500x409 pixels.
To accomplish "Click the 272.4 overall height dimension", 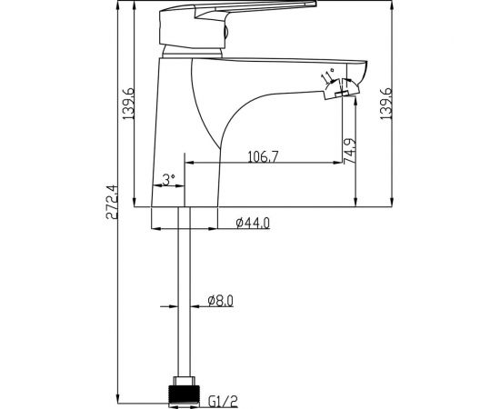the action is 112,202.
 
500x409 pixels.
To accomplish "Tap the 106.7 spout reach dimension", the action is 264,156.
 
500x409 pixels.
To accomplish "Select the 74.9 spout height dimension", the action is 349,151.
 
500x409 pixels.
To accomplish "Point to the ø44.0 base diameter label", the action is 253,223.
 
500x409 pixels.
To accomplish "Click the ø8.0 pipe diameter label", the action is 220,301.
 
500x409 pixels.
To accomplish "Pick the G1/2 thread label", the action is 223,401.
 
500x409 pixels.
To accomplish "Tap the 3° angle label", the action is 169,179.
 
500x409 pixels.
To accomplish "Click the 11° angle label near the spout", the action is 327,75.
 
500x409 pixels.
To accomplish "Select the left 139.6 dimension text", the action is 128,104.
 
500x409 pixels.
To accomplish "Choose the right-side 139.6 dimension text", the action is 385,104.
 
